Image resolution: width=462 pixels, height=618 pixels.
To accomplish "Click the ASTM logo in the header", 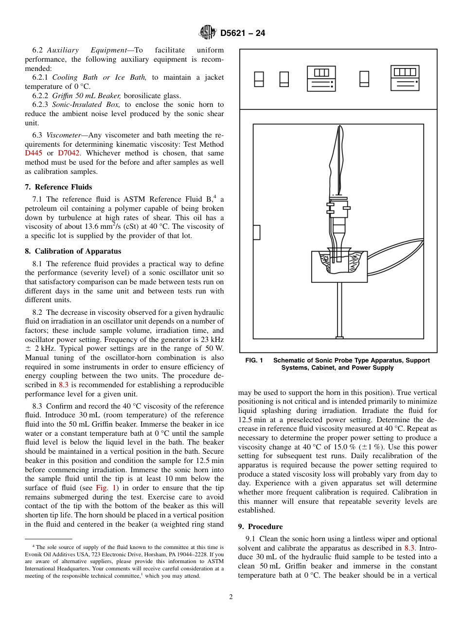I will click(208, 33).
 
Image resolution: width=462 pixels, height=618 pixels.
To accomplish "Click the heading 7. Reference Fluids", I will click(58, 187).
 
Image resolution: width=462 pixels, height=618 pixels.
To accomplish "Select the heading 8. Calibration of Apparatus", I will click(73, 251).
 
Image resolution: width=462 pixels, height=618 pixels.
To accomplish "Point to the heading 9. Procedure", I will click(260, 527).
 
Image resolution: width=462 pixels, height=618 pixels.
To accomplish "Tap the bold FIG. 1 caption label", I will click(254, 360).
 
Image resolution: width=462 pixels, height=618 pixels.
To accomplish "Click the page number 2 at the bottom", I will click(231, 597).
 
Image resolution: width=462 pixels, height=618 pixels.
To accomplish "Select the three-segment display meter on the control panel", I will click(321, 79).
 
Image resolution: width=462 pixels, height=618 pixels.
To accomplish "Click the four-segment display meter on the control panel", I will click(405, 79).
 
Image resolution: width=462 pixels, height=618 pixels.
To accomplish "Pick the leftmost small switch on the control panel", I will click(259, 79).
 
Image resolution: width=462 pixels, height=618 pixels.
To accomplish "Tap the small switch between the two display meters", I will click(364, 79).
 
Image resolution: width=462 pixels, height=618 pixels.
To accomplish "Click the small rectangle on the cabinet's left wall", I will click(256, 232).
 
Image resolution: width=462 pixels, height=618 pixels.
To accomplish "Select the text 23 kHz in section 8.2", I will click(213, 339).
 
